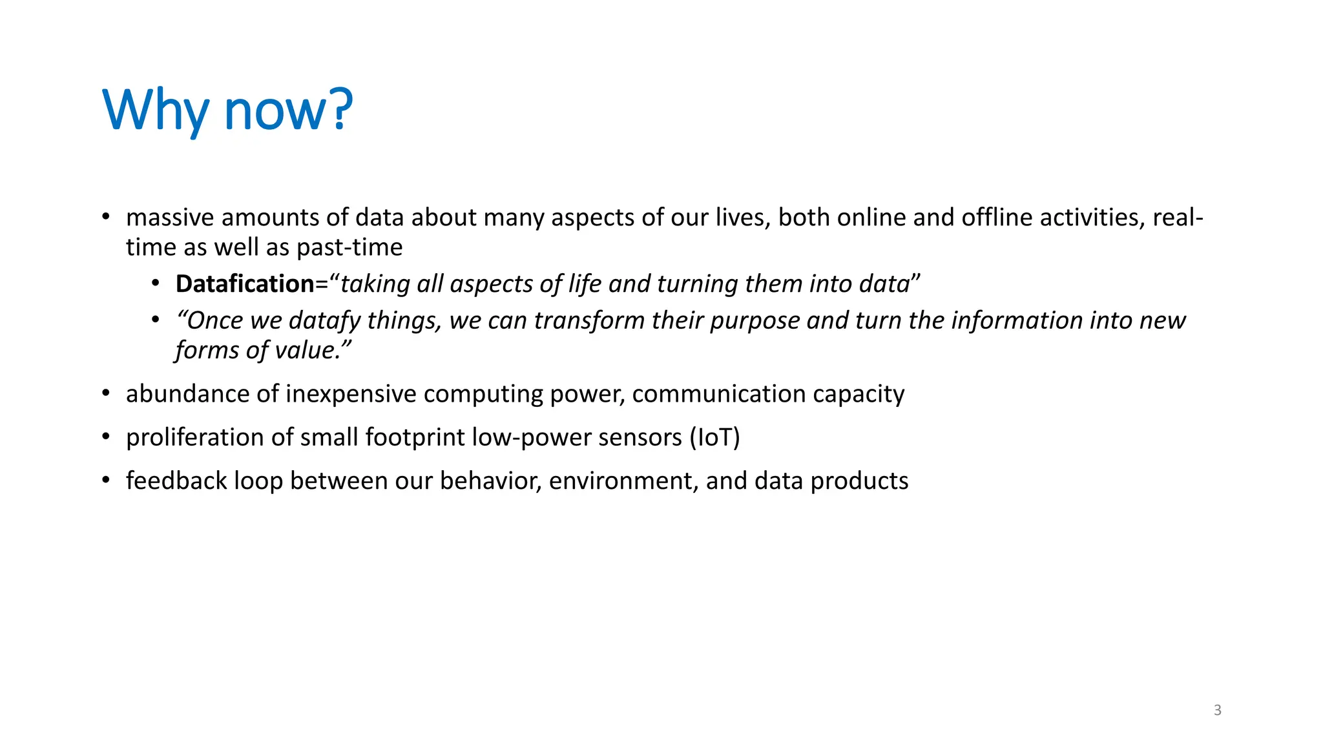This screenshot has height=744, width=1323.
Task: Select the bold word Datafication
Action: pyautogui.click(x=245, y=284)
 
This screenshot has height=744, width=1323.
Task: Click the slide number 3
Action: pyautogui.click(x=1218, y=710)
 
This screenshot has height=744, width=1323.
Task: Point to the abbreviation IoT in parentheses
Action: pyautogui.click(x=714, y=437)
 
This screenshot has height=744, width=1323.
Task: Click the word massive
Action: pyautogui.click(x=170, y=218)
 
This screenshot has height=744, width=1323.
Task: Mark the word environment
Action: pyautogui.click(x=623, y=481)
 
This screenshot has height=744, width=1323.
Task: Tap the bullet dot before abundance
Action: pyautogui.click(x=106, y=393)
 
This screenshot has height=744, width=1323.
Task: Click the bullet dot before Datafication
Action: pyautogui.click(x=156, y=284)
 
